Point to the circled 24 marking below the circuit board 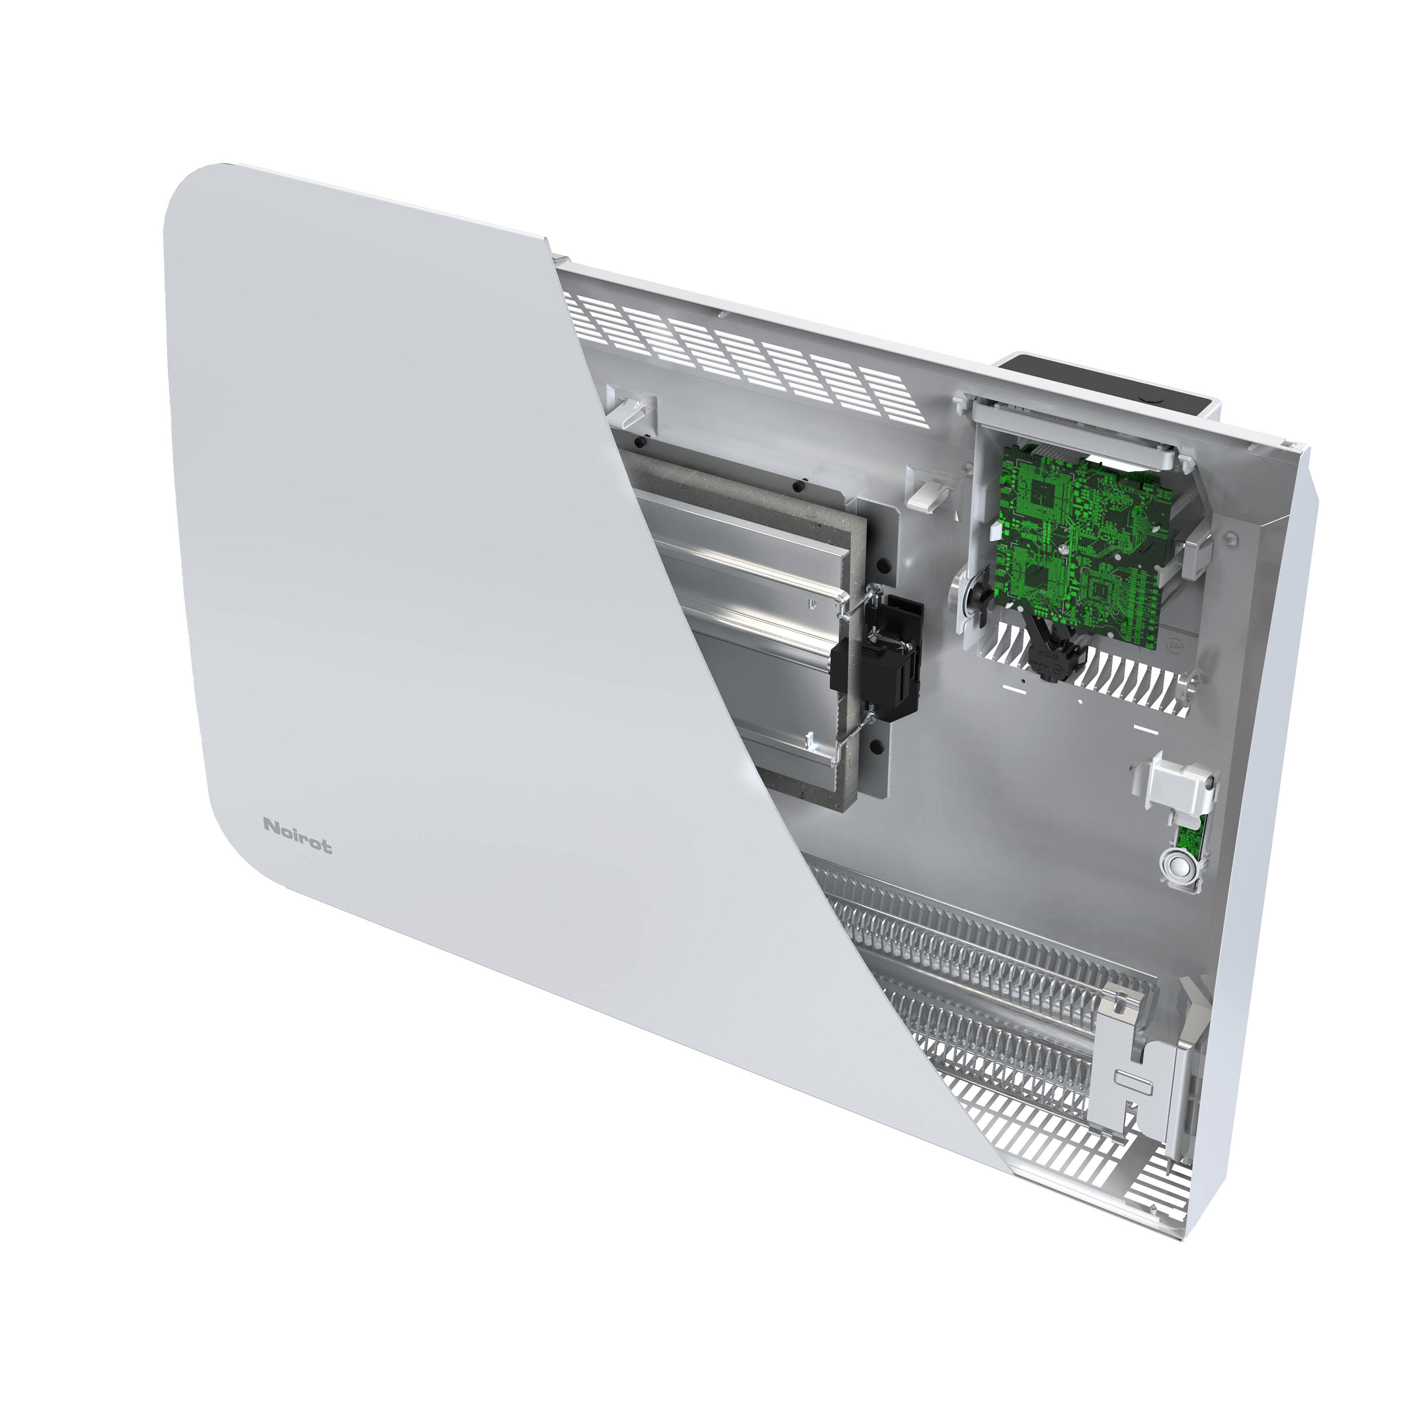[1174, 644]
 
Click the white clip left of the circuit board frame [928, 493]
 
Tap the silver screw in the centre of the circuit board [1063, 550]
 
